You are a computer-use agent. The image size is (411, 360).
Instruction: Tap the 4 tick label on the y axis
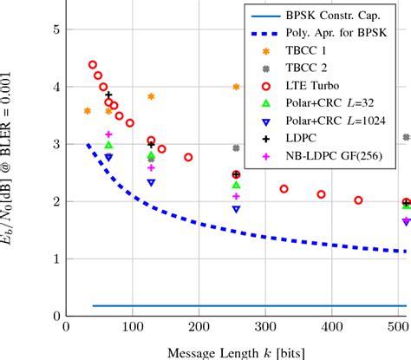55,88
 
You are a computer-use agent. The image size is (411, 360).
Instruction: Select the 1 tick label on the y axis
55,259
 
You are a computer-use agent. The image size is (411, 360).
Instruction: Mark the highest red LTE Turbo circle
93,65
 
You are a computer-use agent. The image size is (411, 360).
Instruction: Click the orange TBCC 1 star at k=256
236,88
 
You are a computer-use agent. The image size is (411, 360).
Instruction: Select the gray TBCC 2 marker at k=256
236,148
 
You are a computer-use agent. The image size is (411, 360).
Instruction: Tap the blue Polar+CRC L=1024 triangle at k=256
236,209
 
